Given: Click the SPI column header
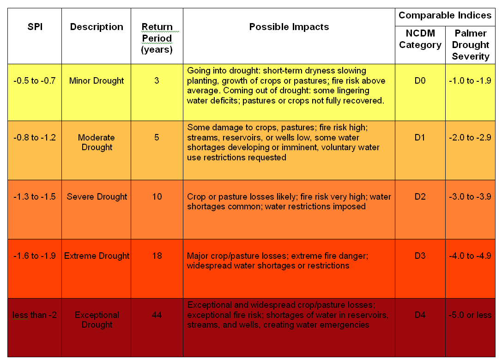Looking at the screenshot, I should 35,27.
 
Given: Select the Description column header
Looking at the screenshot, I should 97,27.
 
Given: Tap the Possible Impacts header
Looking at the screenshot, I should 289,27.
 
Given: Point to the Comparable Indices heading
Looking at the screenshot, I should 445,15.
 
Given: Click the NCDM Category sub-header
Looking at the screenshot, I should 420,39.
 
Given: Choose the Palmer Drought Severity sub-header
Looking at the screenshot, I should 470,45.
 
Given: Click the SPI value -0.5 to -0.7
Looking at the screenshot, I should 35,81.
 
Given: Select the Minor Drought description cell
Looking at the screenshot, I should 97,81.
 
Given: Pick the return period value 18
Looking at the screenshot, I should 157,256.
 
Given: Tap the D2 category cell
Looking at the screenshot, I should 420,196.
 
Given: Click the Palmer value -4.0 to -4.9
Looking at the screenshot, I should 470,256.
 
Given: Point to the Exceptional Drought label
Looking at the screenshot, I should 97,320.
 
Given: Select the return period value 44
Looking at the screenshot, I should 157,315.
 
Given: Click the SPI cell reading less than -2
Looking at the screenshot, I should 35,315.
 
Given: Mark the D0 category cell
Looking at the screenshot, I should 420,81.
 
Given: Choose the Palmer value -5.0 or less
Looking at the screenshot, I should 470,315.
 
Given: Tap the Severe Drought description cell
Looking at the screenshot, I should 97,196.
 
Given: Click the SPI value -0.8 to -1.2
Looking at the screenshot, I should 35,137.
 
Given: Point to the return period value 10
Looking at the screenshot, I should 157,196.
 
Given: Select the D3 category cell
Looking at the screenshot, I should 420,256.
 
